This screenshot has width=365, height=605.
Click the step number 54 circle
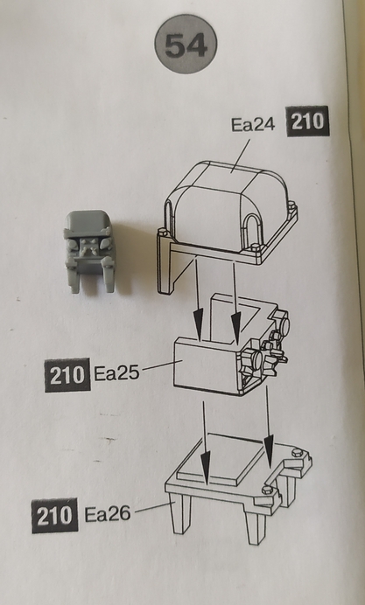point(186,44)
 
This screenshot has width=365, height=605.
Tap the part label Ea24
point(253,125)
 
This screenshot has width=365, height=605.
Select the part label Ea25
point(116,373)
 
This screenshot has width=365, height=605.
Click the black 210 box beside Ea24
point(307,122)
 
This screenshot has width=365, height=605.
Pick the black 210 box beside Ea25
point(67,375)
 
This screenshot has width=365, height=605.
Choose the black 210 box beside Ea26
point(55,516)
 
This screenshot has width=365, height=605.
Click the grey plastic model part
point(90,251)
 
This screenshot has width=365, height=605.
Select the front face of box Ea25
point(207,364)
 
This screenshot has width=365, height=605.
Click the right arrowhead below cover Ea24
point(235,328)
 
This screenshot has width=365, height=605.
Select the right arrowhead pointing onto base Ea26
point(269,450)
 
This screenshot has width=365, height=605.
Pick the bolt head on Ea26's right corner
point(298,453)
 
